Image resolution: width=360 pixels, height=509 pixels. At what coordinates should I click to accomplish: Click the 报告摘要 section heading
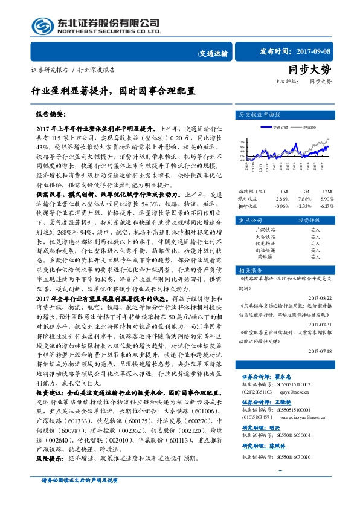point(54,114)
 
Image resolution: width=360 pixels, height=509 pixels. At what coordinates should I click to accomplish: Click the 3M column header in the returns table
point(307,191)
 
